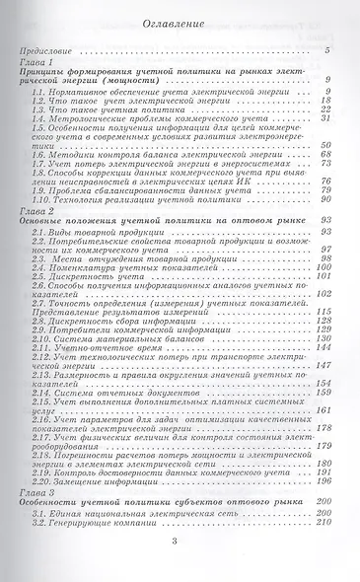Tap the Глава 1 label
36,61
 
